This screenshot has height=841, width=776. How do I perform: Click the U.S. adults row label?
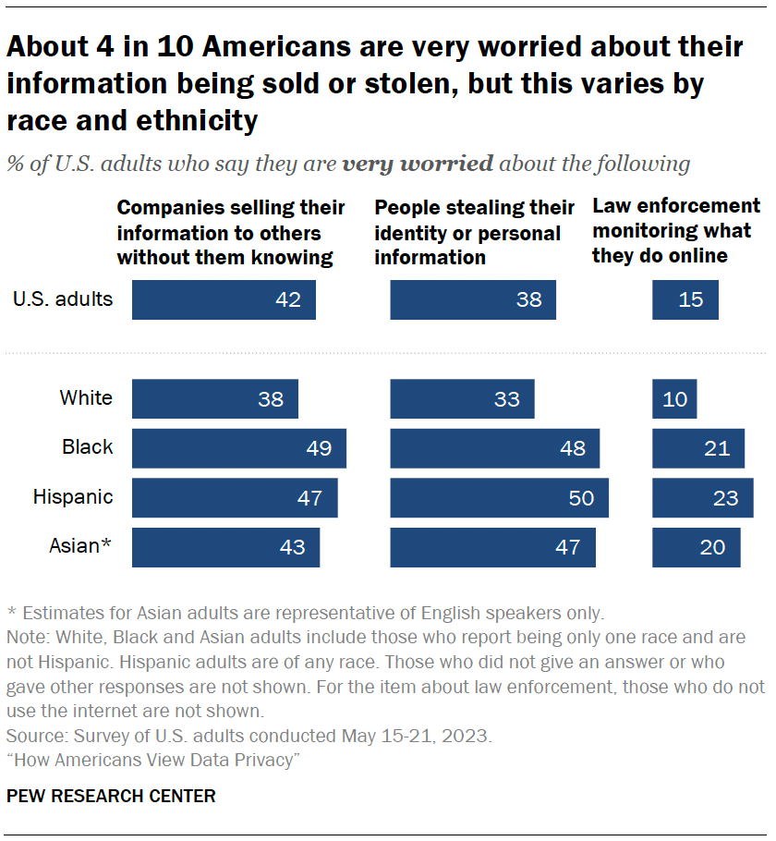pos(63,299)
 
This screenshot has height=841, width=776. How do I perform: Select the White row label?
pos(86,398)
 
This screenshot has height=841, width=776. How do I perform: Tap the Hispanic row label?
pos(73,497)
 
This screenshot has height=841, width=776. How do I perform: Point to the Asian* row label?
pos(79,546)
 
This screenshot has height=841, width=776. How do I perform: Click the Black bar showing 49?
pos(238,448)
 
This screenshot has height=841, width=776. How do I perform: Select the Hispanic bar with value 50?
pos(499,497)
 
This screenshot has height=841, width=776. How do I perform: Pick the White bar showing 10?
pos(674,399)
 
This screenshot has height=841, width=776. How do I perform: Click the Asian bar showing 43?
pos(225,547)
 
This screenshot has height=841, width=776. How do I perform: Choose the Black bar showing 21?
pos(697,448)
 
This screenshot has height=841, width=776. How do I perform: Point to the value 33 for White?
pos(507,399)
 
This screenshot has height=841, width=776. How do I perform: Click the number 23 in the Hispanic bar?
pos(725,498)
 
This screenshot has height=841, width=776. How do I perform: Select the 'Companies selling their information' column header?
pos(231,232)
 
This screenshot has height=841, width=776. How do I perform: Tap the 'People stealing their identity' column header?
pos(474,232)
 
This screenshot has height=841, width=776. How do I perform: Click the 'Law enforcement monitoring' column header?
pos(675,230)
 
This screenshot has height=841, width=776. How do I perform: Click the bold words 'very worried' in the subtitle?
pos(418,165)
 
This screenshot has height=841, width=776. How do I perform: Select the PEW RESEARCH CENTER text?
pos(111,796)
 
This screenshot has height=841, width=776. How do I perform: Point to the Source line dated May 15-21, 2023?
pos(249,737)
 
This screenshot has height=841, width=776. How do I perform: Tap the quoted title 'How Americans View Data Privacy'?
pos(153,760)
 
